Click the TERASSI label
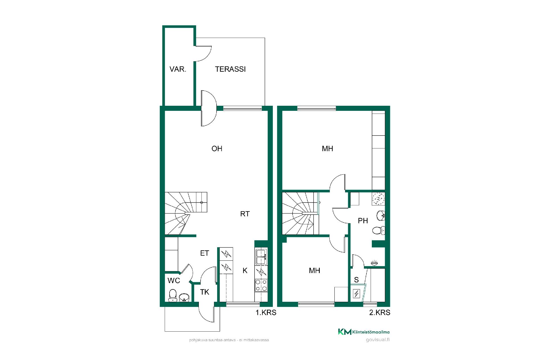pyautogui.click(x=230, y=69)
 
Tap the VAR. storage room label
pyautogui.click(x=178, y=69)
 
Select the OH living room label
pyautogui.click(x=217, y=148)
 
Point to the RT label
pyautogui.click(x=245, y=214)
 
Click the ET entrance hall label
pyautogui.click(x=204, y=253)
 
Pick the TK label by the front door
pyautogui.click(x=205, y=292)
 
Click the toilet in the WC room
pyautogui.click(x=172, y=295)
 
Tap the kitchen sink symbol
pyautogui.click(x=261, y=256)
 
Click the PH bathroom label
pyautogui.click(x=363, y=221)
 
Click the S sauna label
pyautogui.click(x=356, y=280)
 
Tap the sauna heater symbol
pyautogui.click(x=356, y=294)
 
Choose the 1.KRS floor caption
pyautogui.click(x=266, y=312)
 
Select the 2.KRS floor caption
pyautogui.click(x=380, y=312)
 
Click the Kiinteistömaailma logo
pyautogui.click(x=364, y=332)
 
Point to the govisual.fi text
pyautogui.click(x=378, y=340)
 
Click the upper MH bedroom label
pyautogui.click(x=327, y=148)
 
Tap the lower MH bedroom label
pyautogui.click(x=314, y=271)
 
